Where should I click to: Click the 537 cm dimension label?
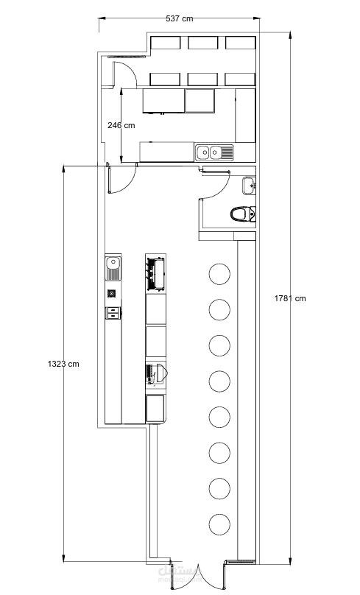point(179,18)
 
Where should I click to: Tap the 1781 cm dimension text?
point(290,298)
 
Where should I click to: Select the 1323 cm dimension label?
point(63,364)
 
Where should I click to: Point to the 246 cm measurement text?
point(121,125)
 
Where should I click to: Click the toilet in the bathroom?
point(243,214)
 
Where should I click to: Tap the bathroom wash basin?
point(250,186)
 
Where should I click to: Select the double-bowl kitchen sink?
point(214,152)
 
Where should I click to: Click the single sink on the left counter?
point(113,268)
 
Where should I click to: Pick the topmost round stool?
point(219,274)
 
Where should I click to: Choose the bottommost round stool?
point(219,524)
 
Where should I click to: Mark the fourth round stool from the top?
point(219,381)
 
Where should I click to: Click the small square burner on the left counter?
point(111,293)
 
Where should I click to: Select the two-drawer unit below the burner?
point(113,313)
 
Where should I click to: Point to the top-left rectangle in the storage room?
point(166,43)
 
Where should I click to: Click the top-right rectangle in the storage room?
point(241,43)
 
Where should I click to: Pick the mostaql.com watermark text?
point(186,580)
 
